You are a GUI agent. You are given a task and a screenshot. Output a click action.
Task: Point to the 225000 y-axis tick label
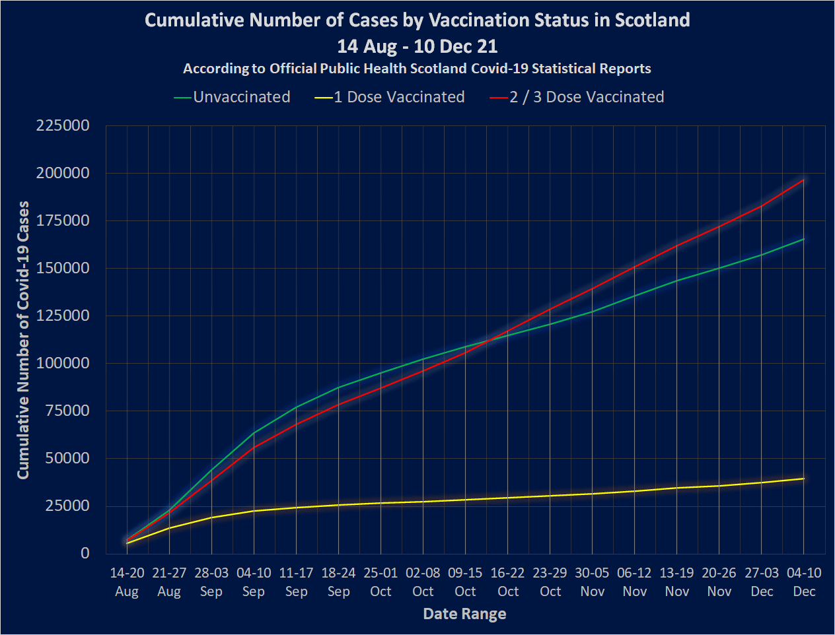pyautogui.click(x=63, y=125)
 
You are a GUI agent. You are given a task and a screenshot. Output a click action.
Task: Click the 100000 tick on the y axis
pyautogui.click(x=63, y=363)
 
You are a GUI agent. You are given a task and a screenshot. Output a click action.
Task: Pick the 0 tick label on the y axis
pyautogui.click(x=85, y=553)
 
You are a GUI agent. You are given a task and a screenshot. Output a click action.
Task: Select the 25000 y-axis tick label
pyautogui.click(x=66, y=506)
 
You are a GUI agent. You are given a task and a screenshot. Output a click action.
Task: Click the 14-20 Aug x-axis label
pyautogui.click(x=127, y=582)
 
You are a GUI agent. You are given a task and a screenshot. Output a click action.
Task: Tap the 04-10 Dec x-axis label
pyautogui.click(x=804, y=582)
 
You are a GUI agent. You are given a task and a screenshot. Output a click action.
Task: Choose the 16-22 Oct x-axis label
pyautogui.click(x=508, y=582)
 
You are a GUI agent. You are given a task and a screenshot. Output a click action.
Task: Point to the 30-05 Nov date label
pyautogui.click(x=593, y=582)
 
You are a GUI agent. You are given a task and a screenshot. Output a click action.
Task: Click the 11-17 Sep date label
pyautogui.click(x=296, y=582)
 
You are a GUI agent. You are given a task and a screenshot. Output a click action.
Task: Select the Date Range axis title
pyautogui.click(x=464, y=614)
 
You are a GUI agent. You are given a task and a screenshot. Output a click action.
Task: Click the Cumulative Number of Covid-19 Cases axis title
pyautogui.click(x=23, y=340)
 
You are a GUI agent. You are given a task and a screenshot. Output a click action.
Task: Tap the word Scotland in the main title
pyautogui.click(x=652, y=20)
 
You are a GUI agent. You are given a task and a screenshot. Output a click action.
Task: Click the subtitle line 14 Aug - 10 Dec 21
pyautogui.click(x=417, y=46)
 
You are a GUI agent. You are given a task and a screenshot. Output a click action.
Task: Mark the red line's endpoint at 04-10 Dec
pyautogui.click(x=804, y=180)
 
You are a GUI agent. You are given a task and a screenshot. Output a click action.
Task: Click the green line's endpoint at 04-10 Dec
pyautogui.click(x=804, y=239)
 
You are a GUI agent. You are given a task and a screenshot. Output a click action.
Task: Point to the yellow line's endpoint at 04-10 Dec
pyautogui.click(x=804, y=479)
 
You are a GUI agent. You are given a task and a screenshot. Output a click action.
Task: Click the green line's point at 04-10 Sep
pyautogui.click(x=254, y=433)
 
